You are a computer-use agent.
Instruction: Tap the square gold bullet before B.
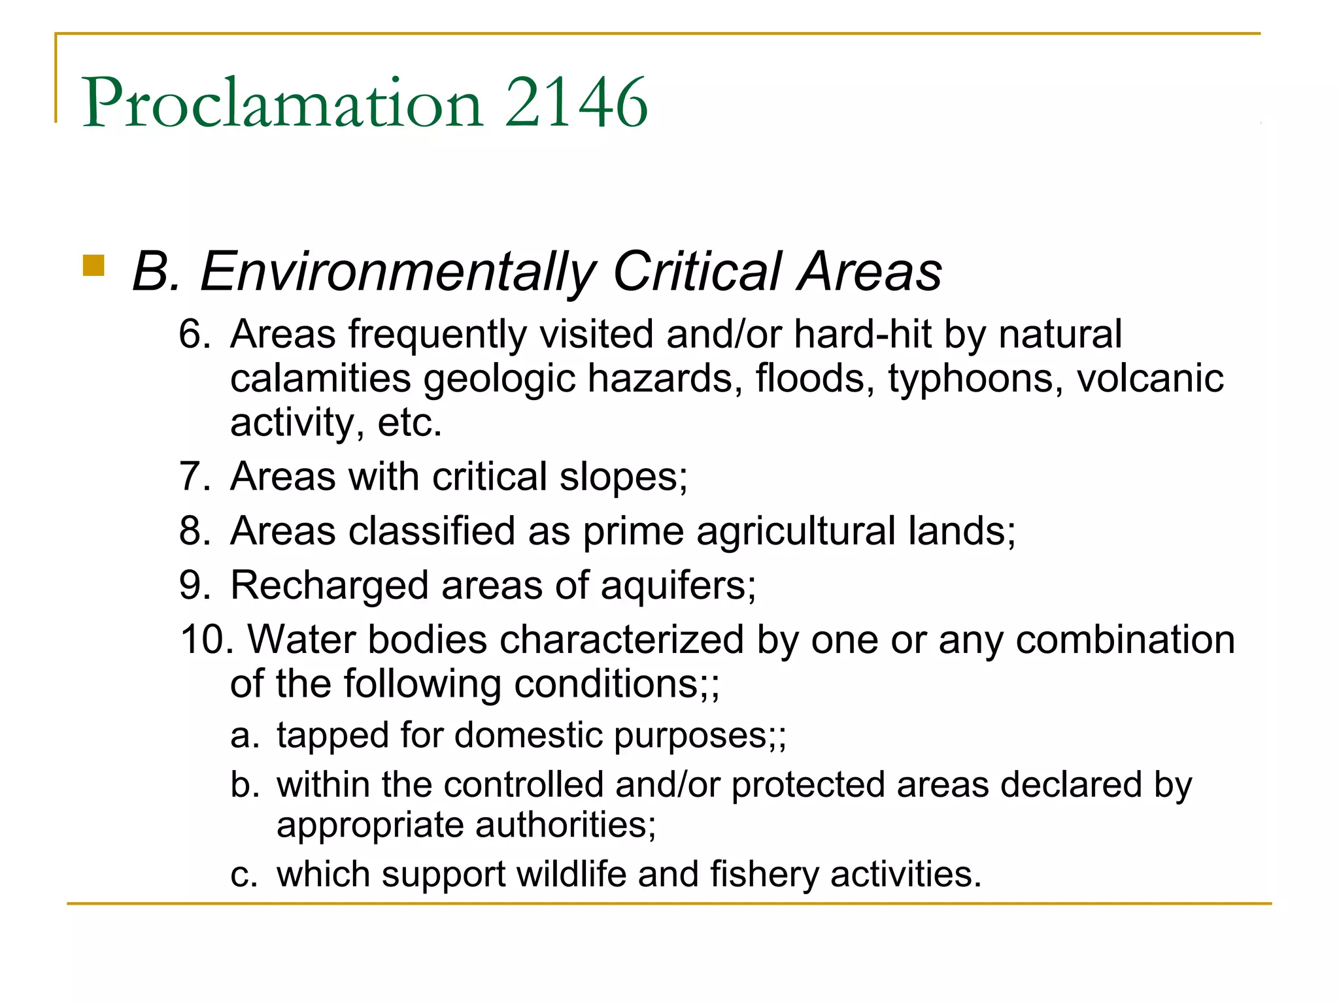click(x=94, y=265)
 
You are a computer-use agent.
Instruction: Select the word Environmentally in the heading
click(x=398, y=272)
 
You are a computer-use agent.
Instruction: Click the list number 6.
click(x=194, y=334)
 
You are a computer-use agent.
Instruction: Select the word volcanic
click(x=1150, y=378)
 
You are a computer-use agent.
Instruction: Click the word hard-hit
click(x=862, y=334)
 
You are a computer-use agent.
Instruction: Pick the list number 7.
click(x=194, y=477)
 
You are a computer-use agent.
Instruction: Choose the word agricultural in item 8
click(x=796, y=531)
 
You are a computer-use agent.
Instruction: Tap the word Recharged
click(x=329, y=586)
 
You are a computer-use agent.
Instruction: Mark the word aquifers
click(x=678, y=586)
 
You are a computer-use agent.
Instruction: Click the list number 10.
click(x=207, y=639)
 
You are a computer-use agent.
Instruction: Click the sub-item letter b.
click(x=245, y=784)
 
